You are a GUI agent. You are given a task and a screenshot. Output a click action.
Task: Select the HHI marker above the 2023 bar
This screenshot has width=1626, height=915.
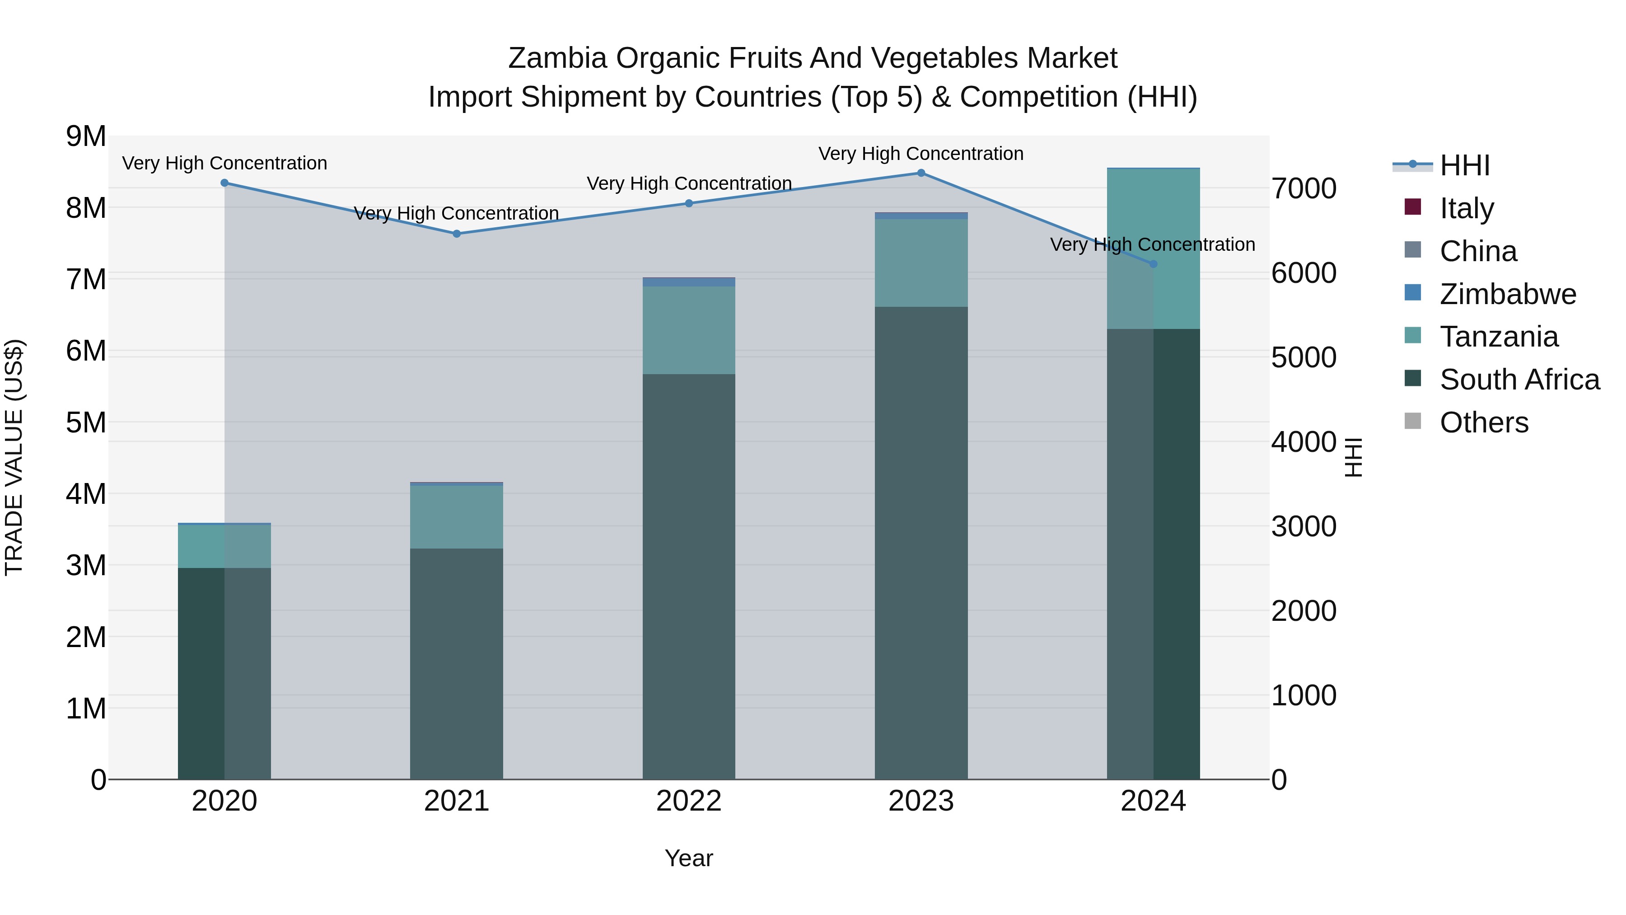(921, 173)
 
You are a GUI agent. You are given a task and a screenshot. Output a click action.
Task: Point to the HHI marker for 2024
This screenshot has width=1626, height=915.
(1153, 264)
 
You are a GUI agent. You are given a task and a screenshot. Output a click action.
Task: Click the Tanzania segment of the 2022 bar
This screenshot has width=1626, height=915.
(689, 330)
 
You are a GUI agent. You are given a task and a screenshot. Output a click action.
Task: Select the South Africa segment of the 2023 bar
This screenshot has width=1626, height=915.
(921, 543)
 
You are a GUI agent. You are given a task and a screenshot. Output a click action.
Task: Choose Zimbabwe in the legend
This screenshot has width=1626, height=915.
(1507, 294)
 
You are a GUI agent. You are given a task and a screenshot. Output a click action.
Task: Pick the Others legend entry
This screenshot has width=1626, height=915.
(1483, 422)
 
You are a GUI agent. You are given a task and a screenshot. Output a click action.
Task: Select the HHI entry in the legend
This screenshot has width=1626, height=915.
(1464, 165)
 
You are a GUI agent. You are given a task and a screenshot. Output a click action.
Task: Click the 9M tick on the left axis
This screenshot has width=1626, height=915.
(86, 136)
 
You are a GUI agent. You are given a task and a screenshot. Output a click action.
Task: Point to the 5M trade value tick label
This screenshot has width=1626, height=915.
(86, 422)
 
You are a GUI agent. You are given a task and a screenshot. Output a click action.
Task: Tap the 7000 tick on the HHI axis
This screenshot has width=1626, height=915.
(1304, 189)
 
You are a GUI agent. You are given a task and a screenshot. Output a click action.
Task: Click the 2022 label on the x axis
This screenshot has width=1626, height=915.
(689, 801)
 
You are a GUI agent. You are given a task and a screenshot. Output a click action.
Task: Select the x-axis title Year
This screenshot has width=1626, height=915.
(689, 858)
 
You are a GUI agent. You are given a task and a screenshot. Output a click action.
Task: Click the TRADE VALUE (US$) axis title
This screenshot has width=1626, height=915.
(14, 457)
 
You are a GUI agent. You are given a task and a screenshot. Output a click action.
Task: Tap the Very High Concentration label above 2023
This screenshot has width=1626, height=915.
(921, 154)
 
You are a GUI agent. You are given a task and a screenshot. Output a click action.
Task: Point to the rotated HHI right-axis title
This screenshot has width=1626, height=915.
(1354, 457)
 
